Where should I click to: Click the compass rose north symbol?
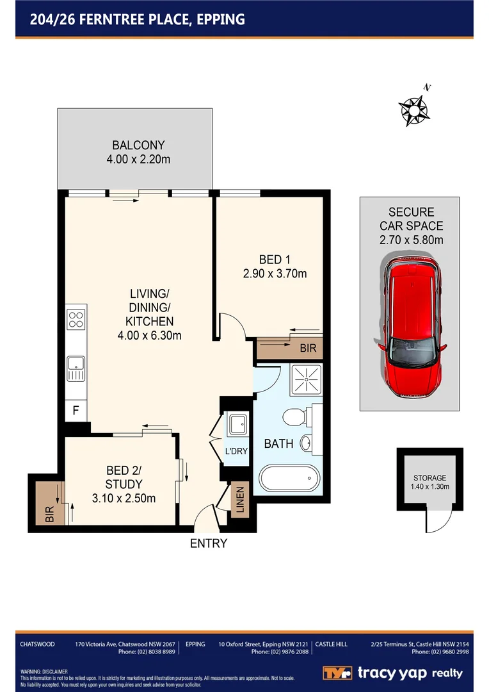[415, 110]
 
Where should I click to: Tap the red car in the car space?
[412, 326]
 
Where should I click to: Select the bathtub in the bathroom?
[289, 478]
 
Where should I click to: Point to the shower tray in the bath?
[305, 379]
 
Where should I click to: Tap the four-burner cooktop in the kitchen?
[76, 318]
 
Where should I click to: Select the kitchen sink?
[76, 369]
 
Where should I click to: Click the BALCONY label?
[139, 145]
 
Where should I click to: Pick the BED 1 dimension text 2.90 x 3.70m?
[275, 274]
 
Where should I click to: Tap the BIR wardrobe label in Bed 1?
[308, 349]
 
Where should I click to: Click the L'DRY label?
[236, 452]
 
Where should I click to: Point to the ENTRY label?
[208, 544]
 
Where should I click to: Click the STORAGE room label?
[429, 478]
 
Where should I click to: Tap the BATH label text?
[278, 443]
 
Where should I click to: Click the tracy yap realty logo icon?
[336, 673]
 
